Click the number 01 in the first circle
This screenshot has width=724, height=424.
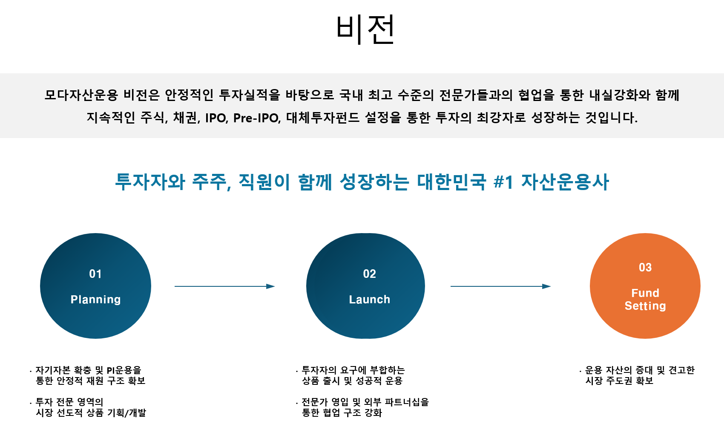tap(95, 274)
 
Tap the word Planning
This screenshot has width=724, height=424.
tap(95, 300)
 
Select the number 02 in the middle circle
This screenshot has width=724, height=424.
tap(369, 274)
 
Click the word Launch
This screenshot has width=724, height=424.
tap(369, 300)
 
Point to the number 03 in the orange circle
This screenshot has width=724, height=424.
tap(645, 268)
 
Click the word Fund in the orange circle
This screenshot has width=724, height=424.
tap(645, 293)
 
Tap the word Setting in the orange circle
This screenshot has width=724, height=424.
tap(645, 306)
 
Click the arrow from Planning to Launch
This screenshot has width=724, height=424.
tap(225, 286)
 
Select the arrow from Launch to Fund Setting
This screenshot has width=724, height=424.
tap(501, 286)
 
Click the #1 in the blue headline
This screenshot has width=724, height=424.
tap(503, 182)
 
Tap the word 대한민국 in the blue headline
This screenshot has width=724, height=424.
tap(451, 182)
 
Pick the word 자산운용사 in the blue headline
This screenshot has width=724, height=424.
tap(565, 182)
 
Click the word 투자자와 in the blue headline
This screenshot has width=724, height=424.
tap(150, 182)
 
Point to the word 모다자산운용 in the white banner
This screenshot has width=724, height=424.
tap(81, 95)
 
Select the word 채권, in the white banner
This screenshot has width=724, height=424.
tap(187, 118)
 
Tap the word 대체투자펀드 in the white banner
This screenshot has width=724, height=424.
tap(323, 118)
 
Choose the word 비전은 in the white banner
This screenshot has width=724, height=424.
tap(141, 95)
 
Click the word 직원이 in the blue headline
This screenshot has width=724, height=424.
tap(264, 182)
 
